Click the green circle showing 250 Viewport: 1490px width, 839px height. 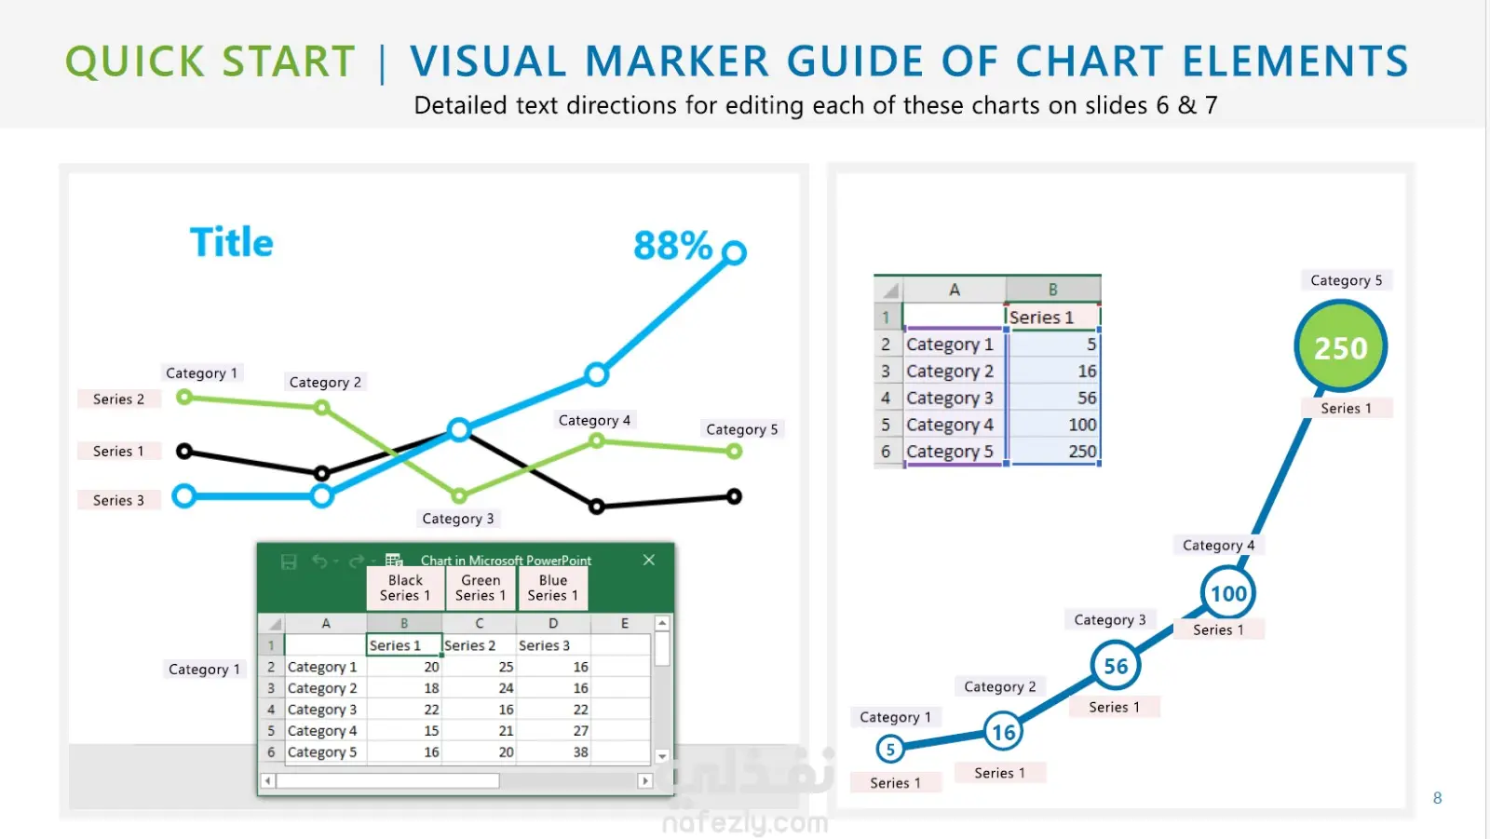click(1340, 346)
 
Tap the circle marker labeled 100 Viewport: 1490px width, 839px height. click(1228, 593)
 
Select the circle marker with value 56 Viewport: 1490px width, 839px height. click(1116, 666)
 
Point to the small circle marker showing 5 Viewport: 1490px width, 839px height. click(890, 750)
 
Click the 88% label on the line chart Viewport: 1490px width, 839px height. click(672, 245)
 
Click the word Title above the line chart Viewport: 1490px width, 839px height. click(232, 241)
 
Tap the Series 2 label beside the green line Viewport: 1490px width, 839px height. click(118, 399)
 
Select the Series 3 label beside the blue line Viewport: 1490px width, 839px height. click(118, 500)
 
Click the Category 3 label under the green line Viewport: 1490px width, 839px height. click(458, 519)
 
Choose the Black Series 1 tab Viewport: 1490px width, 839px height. click(405, 589)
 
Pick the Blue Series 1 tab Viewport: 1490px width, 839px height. click(553, 589)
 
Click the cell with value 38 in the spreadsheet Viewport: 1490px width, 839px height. click(553, 751)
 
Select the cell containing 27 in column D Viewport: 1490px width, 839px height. click(553, 731)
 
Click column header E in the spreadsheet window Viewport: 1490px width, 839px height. click(624, 623)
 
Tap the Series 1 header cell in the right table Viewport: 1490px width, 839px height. click(1052, 318)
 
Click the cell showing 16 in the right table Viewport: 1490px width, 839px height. click(1052, 371)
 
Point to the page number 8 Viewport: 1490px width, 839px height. click(1438, 798)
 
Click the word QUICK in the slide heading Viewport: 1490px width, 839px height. click(135, 61)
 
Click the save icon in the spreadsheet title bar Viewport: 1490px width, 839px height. click(289, 562)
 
